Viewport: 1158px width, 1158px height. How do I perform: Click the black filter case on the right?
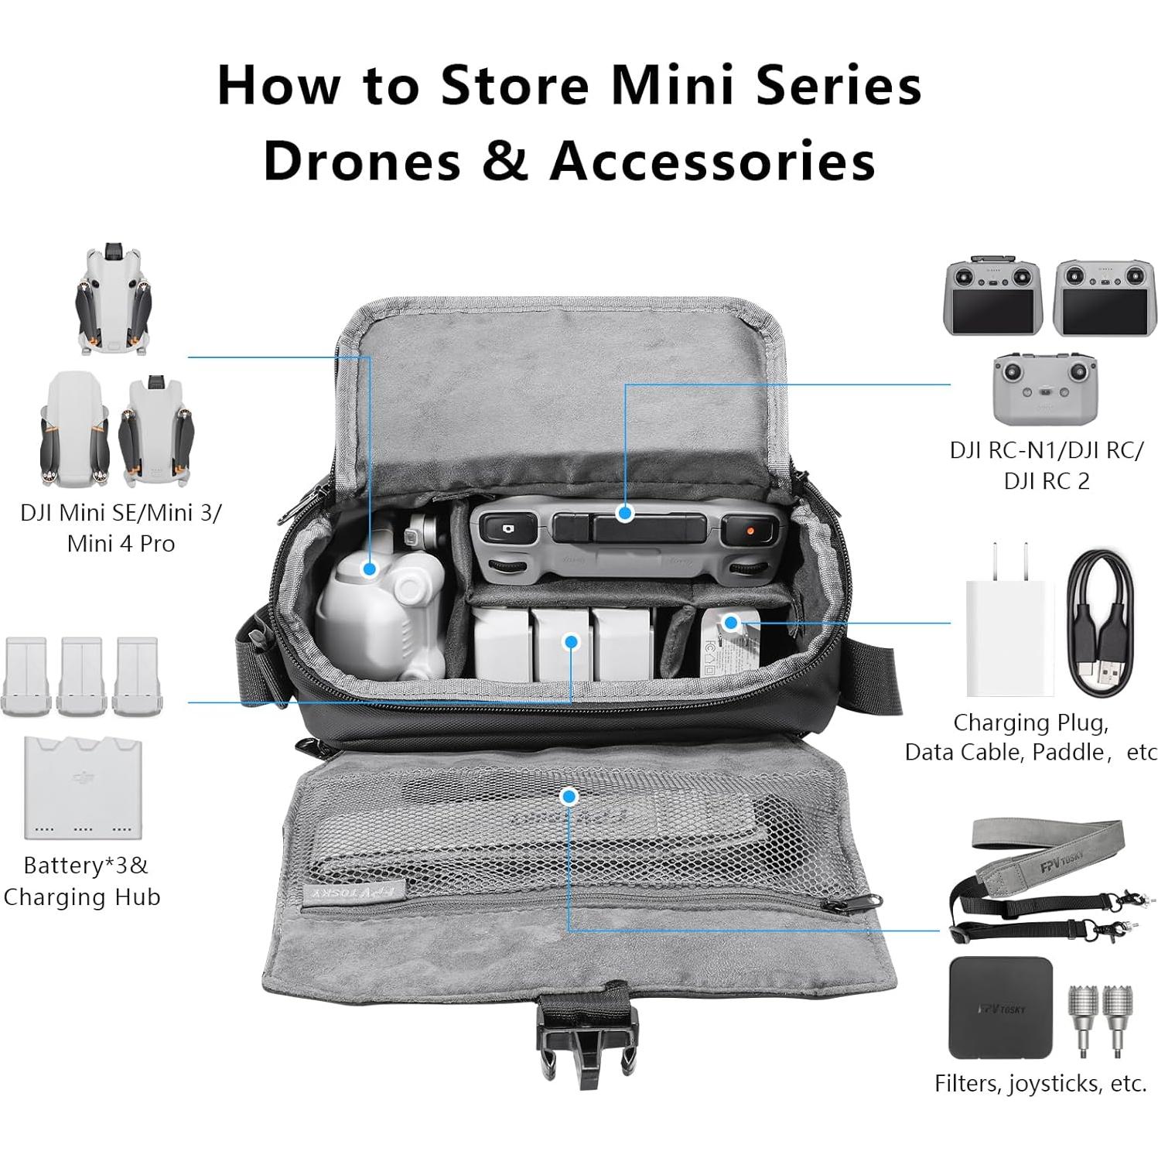coord(1001,1008)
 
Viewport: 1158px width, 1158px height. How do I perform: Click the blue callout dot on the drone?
coord(370,569)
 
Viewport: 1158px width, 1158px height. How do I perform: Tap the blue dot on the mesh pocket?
coord(569,796)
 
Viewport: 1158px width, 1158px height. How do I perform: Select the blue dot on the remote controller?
coord(625,513)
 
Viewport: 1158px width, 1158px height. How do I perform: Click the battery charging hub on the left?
coord(84,787)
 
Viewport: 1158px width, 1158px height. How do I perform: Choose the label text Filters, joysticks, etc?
coord(1040,1084)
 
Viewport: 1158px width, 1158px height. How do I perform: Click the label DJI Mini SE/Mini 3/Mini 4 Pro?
coord(121,528)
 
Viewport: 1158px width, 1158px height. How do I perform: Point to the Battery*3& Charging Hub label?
coord(82,881)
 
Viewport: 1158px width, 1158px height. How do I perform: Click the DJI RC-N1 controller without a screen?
coord(1044,384)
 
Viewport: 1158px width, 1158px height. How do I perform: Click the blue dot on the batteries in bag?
coord(571,641)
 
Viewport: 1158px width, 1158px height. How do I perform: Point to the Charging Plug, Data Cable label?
coord(1030,736)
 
